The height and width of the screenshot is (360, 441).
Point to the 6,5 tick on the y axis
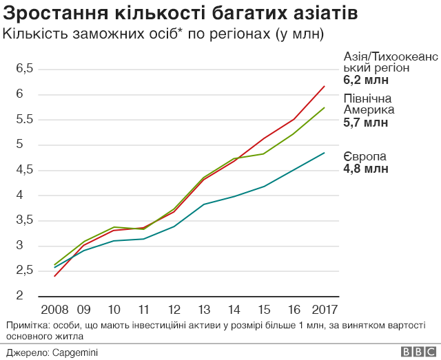(x=25, y=69)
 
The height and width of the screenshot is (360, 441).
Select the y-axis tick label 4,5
(x=25, y=170)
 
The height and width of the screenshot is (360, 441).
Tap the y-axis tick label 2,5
(x=25, y=271)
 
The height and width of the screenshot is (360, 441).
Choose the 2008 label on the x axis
(x=54, y=308)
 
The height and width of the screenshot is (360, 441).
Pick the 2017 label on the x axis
(x=325, y=308)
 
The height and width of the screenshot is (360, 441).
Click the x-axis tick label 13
(x=204, y=308)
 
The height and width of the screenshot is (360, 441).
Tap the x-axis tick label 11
(x=144, y=308)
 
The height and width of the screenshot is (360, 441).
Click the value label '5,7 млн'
(x=365, y=123)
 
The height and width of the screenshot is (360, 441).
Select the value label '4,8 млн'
(x=365, y=168)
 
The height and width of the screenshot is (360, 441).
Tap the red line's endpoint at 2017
(x=325, y=86)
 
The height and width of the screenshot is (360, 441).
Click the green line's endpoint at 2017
(x=325, y=107)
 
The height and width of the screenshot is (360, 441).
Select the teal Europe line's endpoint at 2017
(x=325, y=153)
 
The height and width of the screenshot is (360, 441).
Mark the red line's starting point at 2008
(x=54, y=276)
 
